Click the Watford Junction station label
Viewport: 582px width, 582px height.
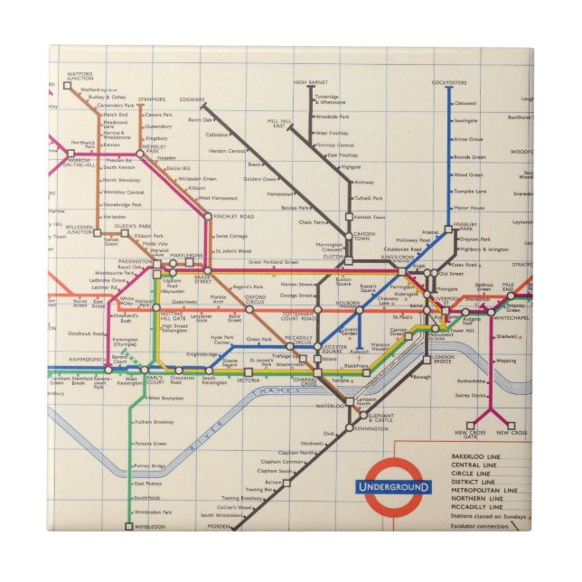(80, 76)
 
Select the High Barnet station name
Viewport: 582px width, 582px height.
(310, 82)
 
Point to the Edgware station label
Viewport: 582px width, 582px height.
(192, 99)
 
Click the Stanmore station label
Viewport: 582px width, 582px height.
(152, 99)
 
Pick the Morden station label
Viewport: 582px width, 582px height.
(219, 526)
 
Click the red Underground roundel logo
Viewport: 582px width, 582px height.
(393, 487)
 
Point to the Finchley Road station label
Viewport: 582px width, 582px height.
(233, 217)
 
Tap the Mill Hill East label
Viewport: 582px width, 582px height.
(280, 122)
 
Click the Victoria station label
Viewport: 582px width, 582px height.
(247, 380)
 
